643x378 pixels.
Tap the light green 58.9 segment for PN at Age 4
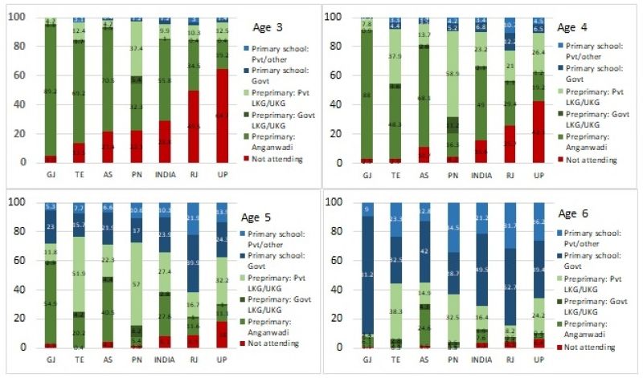[453, 72]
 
